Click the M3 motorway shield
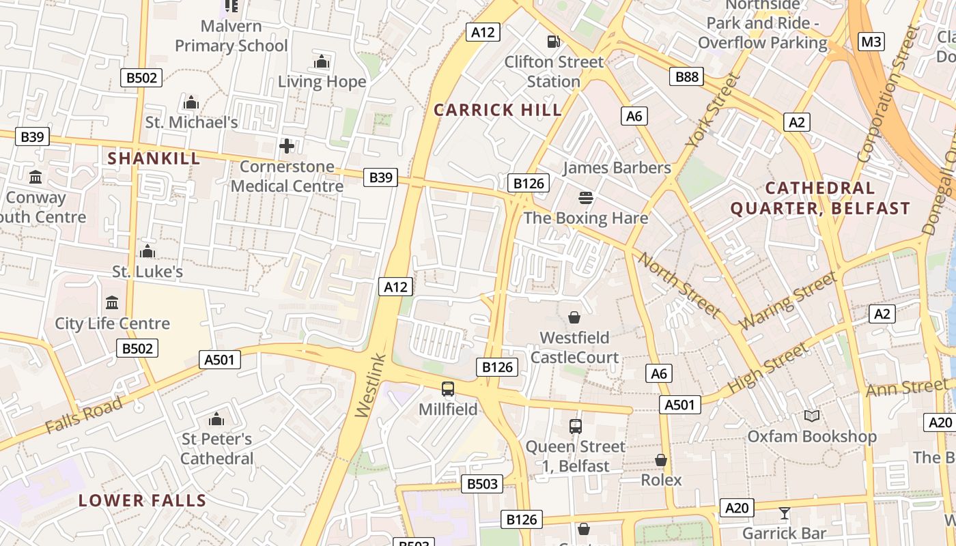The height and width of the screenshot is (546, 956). tap(871, 42)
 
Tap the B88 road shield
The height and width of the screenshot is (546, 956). tap(686, 76)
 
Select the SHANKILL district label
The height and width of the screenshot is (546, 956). tap(154, 158)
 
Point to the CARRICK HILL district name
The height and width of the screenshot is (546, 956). tap(498, 110)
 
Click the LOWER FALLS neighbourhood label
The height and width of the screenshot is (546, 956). tap(142, 500)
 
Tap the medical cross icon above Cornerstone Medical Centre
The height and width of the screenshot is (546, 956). tap(287, 145)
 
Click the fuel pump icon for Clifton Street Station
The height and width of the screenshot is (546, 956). tap(554, 41)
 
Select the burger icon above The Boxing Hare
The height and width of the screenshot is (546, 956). tap(585, 198)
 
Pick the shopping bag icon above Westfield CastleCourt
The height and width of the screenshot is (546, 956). tap(574, 317)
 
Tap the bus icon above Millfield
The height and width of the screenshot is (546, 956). tap(448, 389)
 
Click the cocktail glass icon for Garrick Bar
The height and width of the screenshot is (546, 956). tap(784, 513)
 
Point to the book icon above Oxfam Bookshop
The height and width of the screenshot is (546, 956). tap(811, 416)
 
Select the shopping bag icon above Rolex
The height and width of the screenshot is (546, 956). tap(660, 460)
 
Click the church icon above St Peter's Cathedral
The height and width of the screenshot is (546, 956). tap(216, 418)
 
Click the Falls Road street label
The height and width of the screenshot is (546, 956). tap(84, 415)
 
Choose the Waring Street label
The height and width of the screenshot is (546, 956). tap(788, 300)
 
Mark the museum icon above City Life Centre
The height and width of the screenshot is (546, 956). tap(112, 302)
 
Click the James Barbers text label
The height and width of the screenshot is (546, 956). tap(617, 168)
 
